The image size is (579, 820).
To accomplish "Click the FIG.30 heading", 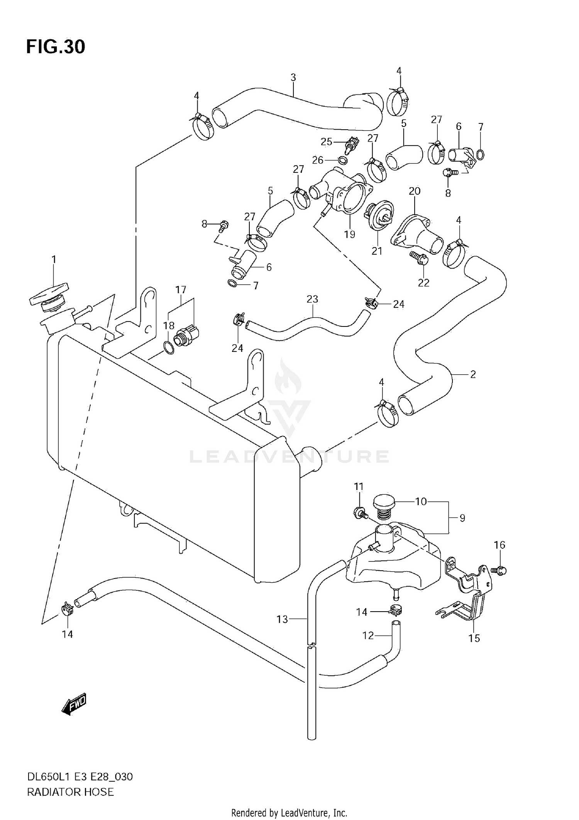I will pyautogui.click(x=56, y=47).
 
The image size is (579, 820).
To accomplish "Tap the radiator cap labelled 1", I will pyautogui.click(x=49, y=297).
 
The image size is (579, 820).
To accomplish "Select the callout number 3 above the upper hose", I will pyautogui.click(x=293, y=78).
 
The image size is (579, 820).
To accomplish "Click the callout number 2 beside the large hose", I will pyautogui.click(x=473, y=374).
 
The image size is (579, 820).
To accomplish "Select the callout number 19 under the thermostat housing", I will pyautogui.click(x=349, y=234).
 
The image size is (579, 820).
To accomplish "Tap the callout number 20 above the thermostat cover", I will pyautogui.click(x=414, y=191).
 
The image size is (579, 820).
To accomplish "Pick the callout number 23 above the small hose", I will pyautogui.click(x=312, y=299).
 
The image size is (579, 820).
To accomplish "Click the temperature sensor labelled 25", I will pyautogui.click(x=352, y=144).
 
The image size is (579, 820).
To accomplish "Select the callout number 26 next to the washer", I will pyautogui.click(x=318, y=160).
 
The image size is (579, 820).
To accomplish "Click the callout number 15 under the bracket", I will pyautogui.click(x=474, y=638).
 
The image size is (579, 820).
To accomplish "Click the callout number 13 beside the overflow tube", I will pyautogui.click(x=282, y=619).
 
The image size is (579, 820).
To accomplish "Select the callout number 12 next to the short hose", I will pyautogui.click(x=368, y=635).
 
